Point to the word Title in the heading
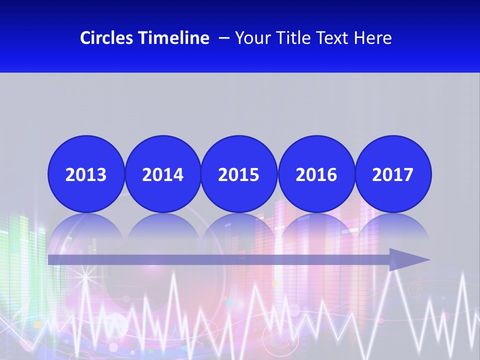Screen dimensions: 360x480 tap(290, 38)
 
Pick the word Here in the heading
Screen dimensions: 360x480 tap(372, 38)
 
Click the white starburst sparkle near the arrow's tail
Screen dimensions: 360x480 tap(86, 274)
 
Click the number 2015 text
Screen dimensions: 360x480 tap(239, 175)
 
